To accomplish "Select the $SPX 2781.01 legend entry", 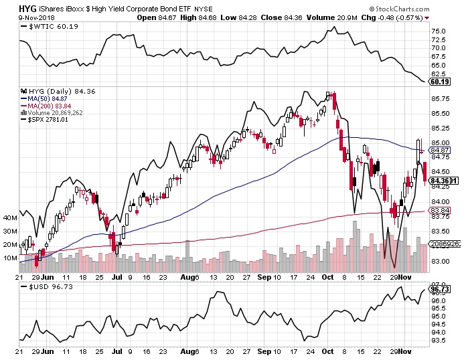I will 48,120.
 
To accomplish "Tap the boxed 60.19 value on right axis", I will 439,82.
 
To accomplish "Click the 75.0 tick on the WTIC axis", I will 439,31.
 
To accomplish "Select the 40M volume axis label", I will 10,218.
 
